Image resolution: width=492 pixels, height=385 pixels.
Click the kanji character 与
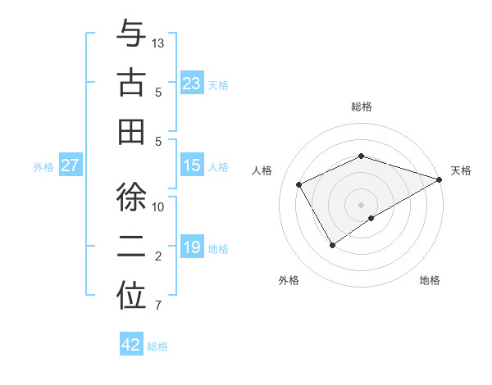click(x=131, y=35)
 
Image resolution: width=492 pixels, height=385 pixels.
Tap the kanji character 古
click(x=131, y=83)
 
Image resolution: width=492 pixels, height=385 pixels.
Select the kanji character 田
click(x=131, y=131)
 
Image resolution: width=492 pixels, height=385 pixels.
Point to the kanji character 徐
click(x=131, y=199)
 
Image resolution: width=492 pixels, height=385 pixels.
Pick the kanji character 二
click(x=131, y=247)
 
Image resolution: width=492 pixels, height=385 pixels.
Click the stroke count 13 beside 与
click(x=159, y=43)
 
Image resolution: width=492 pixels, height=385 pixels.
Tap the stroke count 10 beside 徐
click(x=159, y=207)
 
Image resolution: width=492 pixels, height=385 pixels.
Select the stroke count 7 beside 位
click(x=158, y=306)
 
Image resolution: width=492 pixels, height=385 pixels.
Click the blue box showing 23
click(x=192, y=84)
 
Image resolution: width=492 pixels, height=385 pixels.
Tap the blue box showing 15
click(x=192, y=166)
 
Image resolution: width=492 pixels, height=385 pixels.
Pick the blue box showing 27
click(x=71, y=166)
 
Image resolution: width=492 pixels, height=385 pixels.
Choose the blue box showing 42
click(x=131, y=346)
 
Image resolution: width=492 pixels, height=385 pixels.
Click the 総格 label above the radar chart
click(x=362, y=106)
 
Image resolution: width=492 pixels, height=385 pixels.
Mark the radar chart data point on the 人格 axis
click(x=299, y=184)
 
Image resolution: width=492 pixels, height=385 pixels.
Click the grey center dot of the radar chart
click(x=362, y=204)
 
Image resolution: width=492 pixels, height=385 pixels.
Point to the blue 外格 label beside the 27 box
click(x=43, y=167)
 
